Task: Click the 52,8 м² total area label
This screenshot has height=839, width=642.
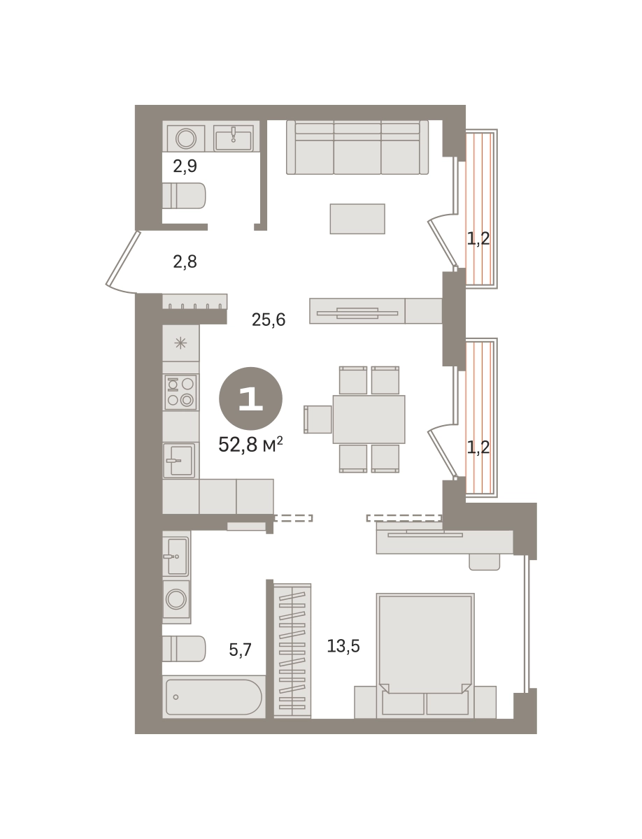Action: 250,445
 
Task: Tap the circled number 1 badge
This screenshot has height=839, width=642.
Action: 251,399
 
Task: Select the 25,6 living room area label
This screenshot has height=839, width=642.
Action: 269,320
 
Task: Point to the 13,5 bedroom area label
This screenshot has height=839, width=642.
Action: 343,646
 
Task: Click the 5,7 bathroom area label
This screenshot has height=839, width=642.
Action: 240,650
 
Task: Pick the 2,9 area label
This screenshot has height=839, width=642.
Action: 185,166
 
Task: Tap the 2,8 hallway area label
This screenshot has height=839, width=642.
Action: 185,261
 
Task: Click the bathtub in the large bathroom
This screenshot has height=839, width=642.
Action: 214,697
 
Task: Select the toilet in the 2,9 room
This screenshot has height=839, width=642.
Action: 184,196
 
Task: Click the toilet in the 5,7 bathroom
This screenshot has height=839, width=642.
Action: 184,649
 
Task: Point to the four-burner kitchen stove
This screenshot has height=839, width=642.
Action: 180,392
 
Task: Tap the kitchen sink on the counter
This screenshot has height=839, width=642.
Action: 179,460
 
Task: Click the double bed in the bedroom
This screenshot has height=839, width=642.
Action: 425,656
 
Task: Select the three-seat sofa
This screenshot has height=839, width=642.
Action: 357,148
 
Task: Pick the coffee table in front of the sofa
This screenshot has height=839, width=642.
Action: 357,219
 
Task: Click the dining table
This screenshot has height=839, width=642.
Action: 369,419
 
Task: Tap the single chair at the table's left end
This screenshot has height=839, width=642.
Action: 318,419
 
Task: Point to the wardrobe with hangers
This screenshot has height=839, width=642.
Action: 292,650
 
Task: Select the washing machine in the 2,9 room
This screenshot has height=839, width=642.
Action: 186,138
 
